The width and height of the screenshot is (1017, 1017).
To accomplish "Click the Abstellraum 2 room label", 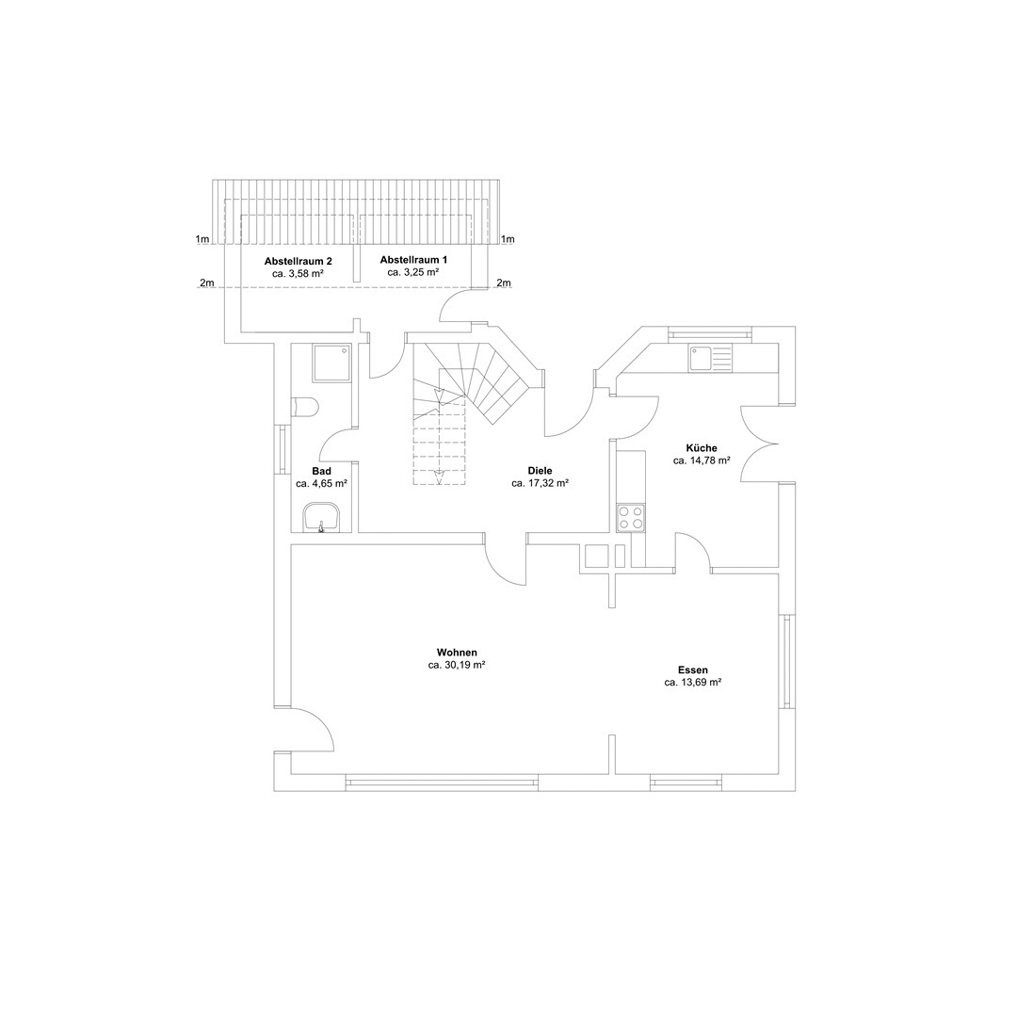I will tap(298, 260).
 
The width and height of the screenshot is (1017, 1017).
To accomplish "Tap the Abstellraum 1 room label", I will tap(413, 259).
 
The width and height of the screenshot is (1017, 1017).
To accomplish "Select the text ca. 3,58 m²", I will tap(298, 273).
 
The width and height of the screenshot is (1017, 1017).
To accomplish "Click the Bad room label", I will tap(321, 471).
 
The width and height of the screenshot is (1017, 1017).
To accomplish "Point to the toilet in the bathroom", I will tap(306, 407).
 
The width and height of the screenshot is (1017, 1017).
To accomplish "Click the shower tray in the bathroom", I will tap(331, 363).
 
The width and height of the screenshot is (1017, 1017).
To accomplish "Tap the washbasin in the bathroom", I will tap(321, 517).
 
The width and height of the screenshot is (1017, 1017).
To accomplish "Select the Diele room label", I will tap(540, 471).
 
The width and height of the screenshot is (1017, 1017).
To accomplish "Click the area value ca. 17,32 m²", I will tap(540, 483).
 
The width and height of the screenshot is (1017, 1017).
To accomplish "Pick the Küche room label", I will tap(702, 448).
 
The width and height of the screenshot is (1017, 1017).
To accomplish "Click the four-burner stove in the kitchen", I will tap(631, 518).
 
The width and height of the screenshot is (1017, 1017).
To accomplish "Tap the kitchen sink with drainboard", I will tap(710, 358).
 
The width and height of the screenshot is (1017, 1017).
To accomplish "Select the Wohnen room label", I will tap(457, 653).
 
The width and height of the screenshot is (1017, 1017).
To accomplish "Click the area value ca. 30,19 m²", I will tap(457, 665).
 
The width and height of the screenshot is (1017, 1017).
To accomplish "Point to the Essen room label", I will tap(692, 670).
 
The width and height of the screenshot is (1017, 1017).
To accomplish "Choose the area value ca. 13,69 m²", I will tap(692, 683).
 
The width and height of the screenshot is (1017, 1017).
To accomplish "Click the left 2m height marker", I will tap(207, 283).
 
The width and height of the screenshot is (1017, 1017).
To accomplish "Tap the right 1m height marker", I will tap(508, 239).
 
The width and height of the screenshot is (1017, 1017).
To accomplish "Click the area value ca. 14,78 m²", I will tap(702, 461).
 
